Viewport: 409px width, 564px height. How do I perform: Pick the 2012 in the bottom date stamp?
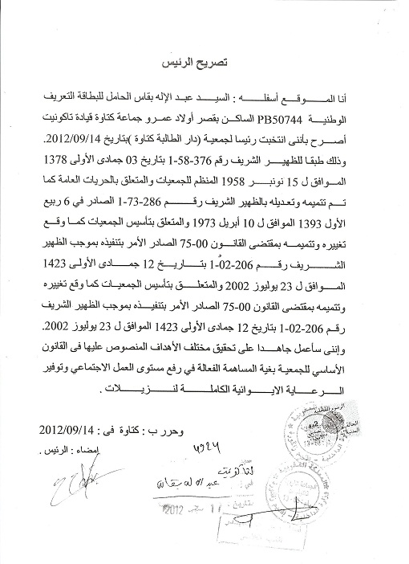point(174,530)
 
